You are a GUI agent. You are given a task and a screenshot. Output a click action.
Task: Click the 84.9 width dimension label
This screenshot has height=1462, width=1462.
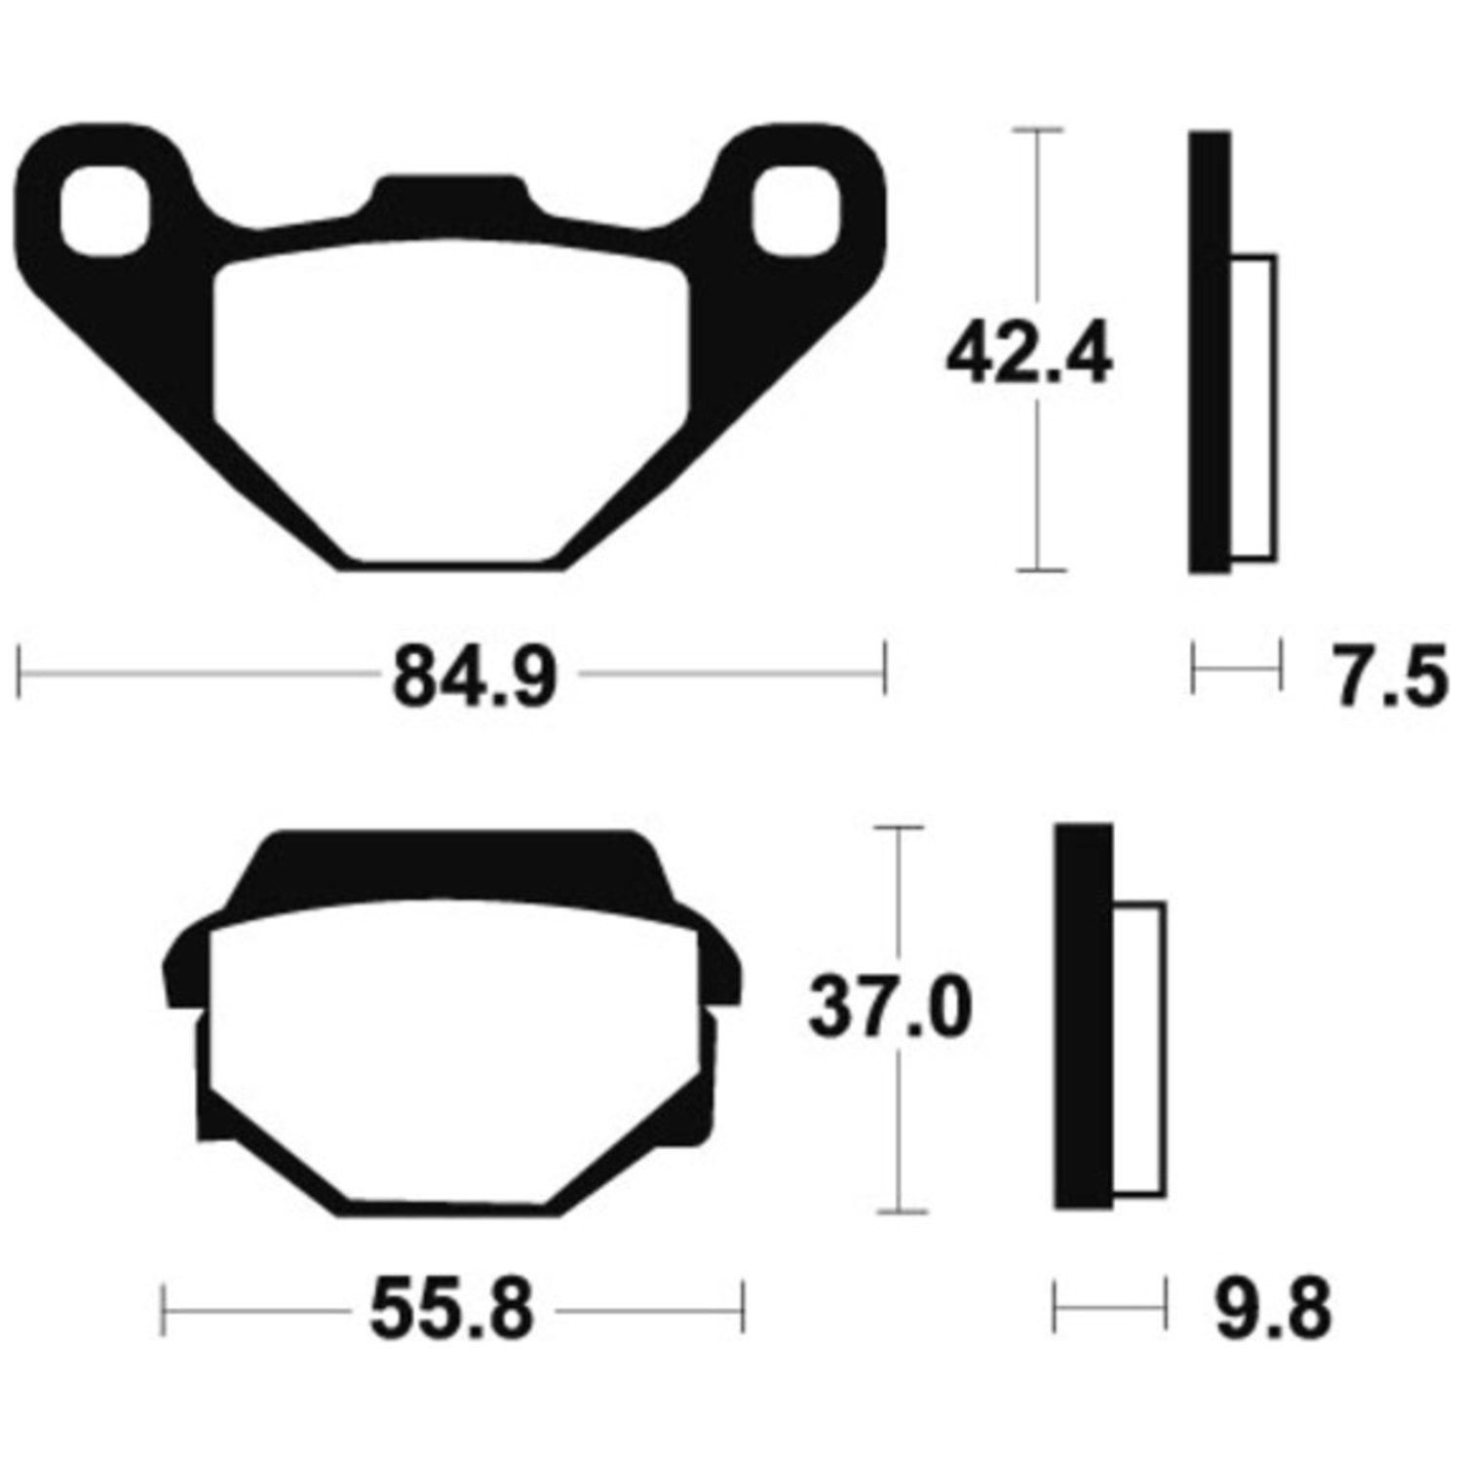click(475, 675)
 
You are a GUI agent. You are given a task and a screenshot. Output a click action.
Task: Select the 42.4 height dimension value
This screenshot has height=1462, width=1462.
click(1029, 357)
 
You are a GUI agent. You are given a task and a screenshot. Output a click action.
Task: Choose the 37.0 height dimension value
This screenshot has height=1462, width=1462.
click(890, 1011)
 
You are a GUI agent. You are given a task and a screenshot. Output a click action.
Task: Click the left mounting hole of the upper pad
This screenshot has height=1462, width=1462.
click(104, 211)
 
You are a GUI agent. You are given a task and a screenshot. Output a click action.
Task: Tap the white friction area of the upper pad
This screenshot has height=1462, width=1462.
click(451, 400)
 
